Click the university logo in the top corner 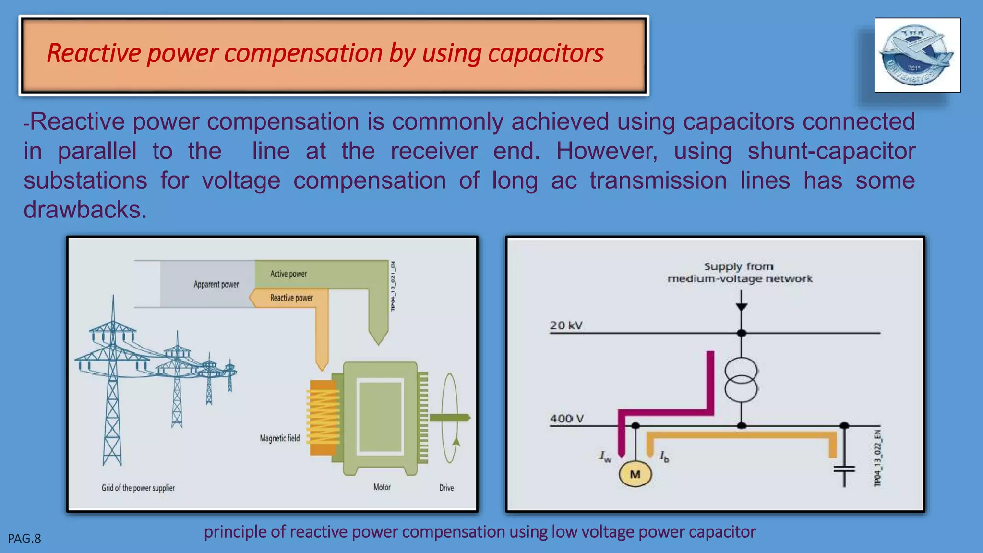pyautogui.click(x=917, y=55)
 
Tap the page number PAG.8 pyautogui.click(x=24, y=539)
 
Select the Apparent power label pyautogui.click(x=216, y=284)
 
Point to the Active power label pyautogui.click(x=288, y=274)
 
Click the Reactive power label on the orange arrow pyautogui.click(x=291, y=298)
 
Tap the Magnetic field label pyautogui.click(x=279, y=438)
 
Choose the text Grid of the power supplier pyautogui.click(x=138, y=488)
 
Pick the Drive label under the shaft pyautogui.click(x=446, y=488)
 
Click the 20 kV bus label pyautogui.click(x=566, y=325)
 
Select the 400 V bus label pyautogui.click(x=567, y=419)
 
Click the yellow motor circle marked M pyautogui.click(x=635, y=474)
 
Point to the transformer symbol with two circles pyautogui.click(x=741, y=380)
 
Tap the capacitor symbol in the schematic pyautogui.click(x=844, y=469)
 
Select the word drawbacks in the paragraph pyautogui.click(x=84, y=210)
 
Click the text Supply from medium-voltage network pyautogui.click(x=739, y=273)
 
